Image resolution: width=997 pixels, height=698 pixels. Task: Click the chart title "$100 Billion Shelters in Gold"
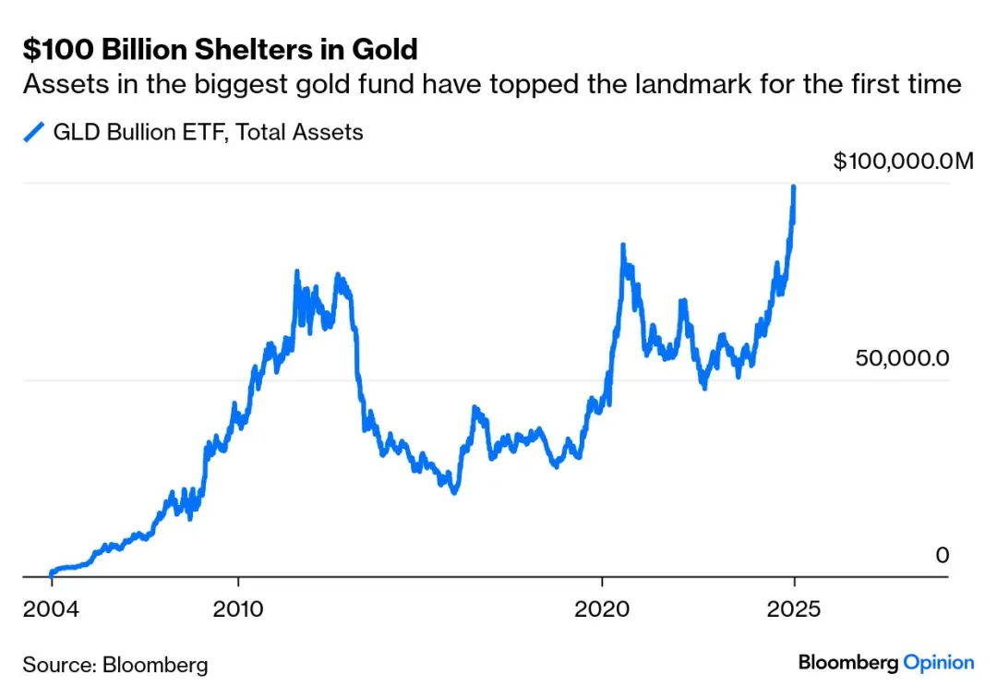coord(220,48)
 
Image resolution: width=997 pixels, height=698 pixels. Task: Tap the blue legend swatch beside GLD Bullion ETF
coord(34,133)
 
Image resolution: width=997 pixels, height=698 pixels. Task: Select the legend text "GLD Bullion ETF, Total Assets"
coord(208,132)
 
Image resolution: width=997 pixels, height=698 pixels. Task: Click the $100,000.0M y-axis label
coord(903,162)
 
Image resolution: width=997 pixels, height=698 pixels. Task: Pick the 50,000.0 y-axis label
coord(902,358)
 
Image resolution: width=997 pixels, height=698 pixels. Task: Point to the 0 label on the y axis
coord(942,555)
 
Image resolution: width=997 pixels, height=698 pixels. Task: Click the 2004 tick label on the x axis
coord(51,609)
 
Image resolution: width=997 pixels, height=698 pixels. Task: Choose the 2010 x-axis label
coord(238,609)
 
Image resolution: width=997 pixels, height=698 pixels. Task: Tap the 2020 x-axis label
coord(602,609)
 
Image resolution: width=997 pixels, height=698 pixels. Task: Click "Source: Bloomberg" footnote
coord(115,665)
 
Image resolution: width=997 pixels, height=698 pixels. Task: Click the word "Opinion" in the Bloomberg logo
coord(938,662)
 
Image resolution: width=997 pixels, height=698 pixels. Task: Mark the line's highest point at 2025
coord(794,187)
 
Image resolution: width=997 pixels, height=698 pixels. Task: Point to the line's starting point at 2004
coord(51,573)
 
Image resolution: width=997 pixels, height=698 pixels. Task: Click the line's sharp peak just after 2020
coord(623,246)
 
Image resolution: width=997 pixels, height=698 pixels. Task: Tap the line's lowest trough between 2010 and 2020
coord(453,490)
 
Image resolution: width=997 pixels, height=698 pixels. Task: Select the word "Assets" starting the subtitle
coord(58,85)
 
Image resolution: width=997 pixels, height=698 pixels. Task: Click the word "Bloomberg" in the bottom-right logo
coord(847,662)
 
